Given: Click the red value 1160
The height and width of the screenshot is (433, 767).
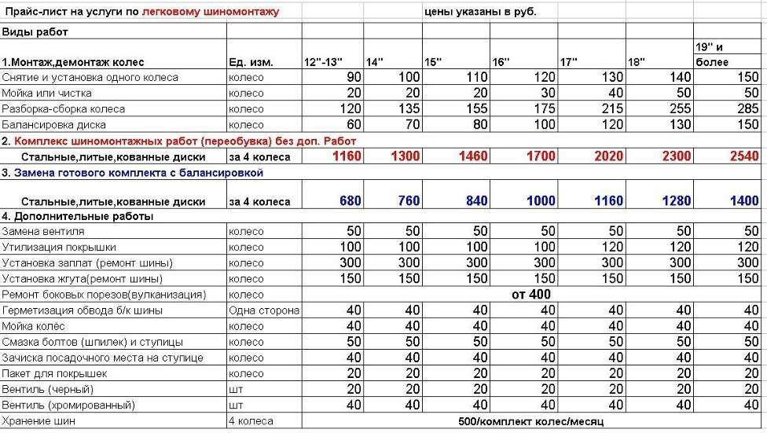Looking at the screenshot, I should pos(347,156).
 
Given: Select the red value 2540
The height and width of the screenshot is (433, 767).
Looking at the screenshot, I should pos(744,156).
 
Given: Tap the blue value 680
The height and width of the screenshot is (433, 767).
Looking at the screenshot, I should pos(350,201).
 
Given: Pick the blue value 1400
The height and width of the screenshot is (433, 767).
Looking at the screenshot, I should pos(744,201).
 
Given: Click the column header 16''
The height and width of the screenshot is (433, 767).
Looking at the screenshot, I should pos(501,62).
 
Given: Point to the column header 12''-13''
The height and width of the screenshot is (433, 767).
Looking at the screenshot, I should pos(323,62).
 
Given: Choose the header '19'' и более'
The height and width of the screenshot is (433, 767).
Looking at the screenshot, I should pos(712,54).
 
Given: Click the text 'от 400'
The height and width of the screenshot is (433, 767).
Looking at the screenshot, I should pos(531,295).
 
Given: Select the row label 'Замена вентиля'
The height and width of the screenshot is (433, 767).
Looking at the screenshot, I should pos(43,232).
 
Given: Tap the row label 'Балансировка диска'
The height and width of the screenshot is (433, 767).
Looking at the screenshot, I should pos(53,124).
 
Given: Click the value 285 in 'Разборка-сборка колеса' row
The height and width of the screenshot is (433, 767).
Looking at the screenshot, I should pos(748,108).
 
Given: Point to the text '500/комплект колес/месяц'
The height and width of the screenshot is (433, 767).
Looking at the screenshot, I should pos(531,421).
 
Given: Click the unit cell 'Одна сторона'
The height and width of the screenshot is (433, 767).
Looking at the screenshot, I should pos(264,310).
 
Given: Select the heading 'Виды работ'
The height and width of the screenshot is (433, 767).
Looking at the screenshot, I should pos(35,32).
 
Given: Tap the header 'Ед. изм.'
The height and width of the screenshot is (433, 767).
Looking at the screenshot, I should pos(251,62).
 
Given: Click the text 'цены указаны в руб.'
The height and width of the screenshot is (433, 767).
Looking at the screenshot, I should pos(479,12).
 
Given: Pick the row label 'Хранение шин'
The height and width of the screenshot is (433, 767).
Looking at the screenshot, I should pos(36,421).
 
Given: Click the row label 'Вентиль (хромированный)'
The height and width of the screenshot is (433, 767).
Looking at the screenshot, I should pos(68,405).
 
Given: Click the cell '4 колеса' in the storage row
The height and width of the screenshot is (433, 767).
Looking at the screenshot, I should pos(251,421).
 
